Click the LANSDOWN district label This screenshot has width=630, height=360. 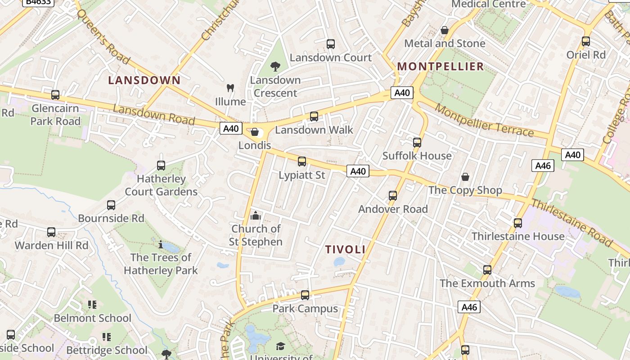tap(144, 81)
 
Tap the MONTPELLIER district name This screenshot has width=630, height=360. tap(441, 67)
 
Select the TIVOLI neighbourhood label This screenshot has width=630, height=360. tap(345, 249)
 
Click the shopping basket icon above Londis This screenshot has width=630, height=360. tap(255, 132)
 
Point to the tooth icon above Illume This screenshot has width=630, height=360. tap(230, 88)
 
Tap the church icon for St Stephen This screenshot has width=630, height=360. tap(256, 216)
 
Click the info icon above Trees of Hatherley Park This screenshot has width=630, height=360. tap(161, 244)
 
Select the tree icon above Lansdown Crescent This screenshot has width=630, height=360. tap(275, 67)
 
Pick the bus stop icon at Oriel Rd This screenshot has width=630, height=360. tap(586, 41)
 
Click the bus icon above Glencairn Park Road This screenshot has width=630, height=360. tap(55, 95)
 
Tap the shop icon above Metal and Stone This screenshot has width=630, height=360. tap(445, 30)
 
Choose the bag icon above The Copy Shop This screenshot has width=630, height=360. tap(465, 177)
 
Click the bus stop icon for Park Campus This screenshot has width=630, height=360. tap(305, 295)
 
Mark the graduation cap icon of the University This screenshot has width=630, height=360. tap(281, 346)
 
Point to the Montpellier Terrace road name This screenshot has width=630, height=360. tap(484, 121)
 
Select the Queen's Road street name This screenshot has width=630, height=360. tap(103, 36)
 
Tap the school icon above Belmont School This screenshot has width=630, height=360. tap(92, 305)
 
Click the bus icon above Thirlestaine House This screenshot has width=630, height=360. tap(518, 223)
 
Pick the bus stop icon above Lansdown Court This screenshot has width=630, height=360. tap(331, 44)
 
